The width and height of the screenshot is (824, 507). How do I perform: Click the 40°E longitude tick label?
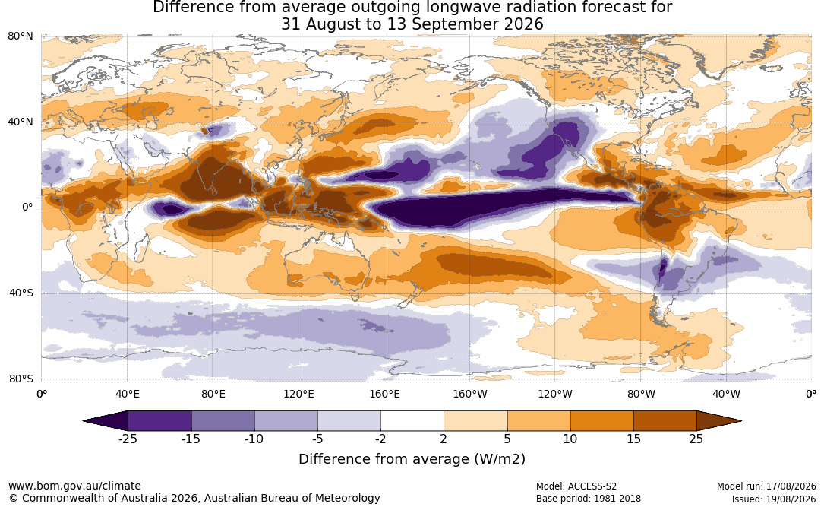(127, 394)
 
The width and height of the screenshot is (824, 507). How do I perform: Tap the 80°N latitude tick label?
(21, 36)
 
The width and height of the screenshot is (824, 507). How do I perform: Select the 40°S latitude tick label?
(21, 293)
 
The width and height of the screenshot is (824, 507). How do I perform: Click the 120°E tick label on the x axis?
(298, 394)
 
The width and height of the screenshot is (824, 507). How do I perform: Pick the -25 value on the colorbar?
(128, 439)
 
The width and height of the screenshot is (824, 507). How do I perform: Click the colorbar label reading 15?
(634, 439)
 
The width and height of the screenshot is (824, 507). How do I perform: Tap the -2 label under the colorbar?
(381, 439)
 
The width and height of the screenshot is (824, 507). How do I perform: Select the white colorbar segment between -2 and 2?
(412, 421)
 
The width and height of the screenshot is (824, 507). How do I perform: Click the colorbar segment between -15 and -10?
(223, 421)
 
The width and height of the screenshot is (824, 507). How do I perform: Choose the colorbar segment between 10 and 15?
(602, 421)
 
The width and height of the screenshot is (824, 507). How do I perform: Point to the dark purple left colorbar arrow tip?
(84, 421)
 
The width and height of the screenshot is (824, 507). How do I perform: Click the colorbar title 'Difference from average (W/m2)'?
(412, 459)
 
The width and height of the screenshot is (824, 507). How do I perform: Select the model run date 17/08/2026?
(791, 486)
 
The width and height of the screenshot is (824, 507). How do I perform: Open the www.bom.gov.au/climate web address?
(74, 486)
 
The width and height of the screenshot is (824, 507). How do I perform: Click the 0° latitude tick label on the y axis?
(27, 208)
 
